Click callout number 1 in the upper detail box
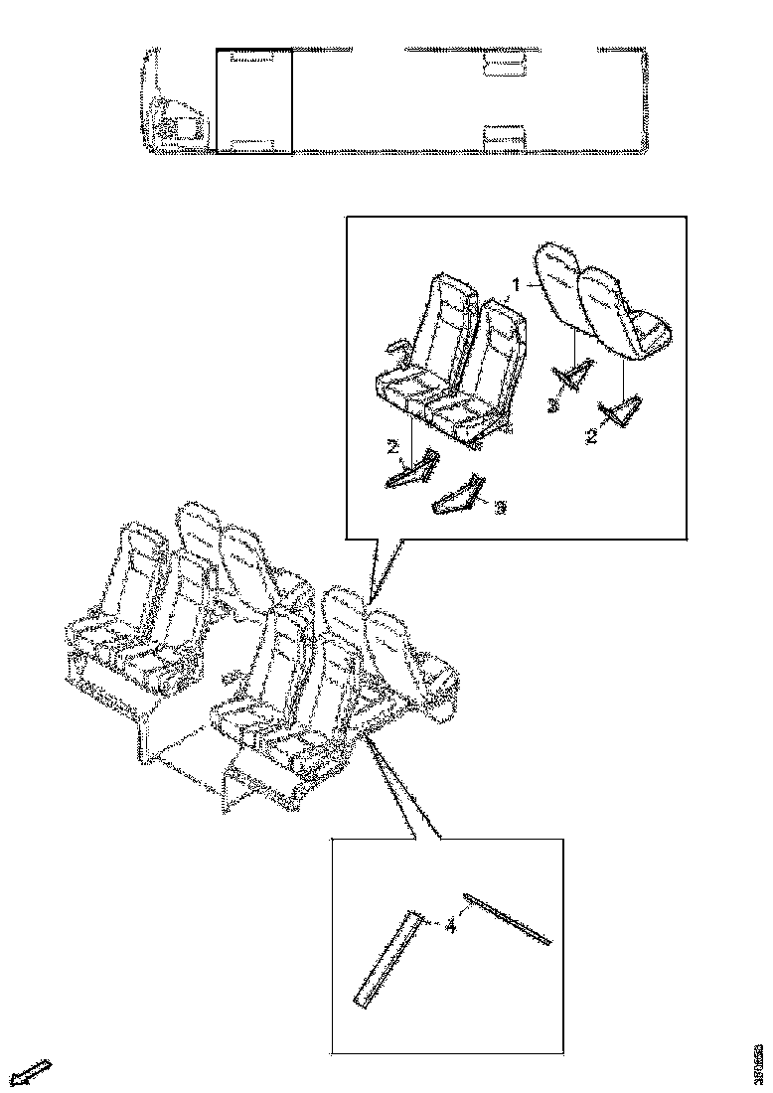pos(517,284)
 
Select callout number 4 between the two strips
pos(450,927)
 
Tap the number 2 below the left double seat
pos(393,448)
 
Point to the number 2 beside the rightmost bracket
pos(592,435)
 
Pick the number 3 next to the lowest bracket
pos(501,507)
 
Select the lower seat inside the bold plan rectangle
pos(252,145)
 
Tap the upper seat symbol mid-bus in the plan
pos(503,66)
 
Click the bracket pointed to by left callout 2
pos(412,469)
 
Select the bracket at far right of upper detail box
pos(623,410)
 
